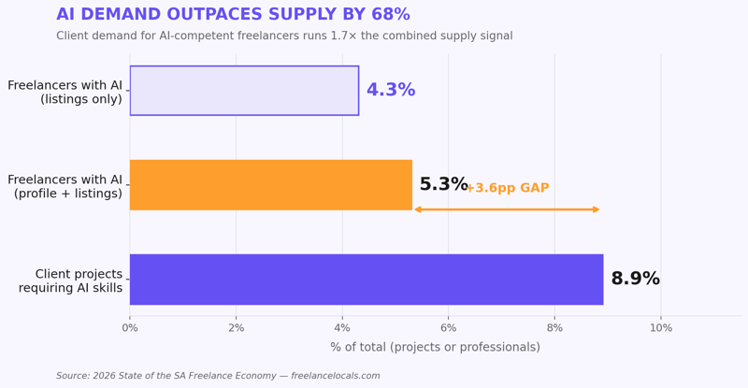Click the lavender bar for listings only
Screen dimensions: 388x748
244,91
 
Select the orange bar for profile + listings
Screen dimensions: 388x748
270,185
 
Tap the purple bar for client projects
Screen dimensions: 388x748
366,280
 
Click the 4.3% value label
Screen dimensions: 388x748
390,91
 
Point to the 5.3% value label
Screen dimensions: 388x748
443,185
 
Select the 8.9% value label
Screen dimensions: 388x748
635,280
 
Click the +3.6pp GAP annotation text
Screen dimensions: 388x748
508,189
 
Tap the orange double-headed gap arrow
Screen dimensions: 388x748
506,209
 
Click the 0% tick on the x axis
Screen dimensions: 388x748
130,328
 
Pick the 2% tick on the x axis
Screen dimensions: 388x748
236,328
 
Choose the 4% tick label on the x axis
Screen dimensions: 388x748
342,328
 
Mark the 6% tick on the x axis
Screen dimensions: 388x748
449,328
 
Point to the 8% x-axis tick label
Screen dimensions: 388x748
554,328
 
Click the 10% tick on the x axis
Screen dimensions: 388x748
661,328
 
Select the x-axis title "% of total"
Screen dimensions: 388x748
435,348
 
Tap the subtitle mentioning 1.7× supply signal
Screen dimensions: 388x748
284,36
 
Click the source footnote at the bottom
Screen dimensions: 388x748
218,376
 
